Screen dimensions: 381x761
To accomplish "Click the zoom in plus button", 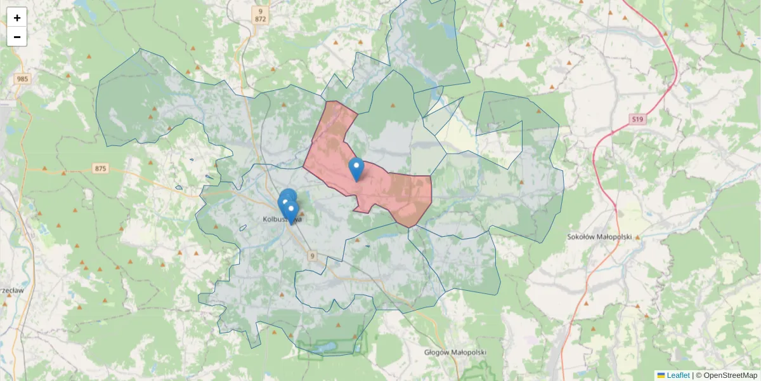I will [17, 18].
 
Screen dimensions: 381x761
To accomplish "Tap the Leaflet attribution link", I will [677, 375].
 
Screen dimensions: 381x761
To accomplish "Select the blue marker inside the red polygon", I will [356, 168].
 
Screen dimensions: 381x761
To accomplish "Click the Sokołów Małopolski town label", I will [600, 237].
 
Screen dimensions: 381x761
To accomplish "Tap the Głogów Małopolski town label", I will [455, 352].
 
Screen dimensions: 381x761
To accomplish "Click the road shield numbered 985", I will [23, 79].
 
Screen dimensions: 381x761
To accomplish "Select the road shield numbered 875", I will [100, 168].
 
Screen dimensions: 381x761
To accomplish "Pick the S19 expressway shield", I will [637, 119].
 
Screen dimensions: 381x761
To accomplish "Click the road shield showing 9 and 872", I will [260, 15].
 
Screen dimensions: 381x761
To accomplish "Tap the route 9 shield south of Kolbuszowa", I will [312, 255].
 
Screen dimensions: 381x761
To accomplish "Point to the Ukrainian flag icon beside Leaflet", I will [661, 375].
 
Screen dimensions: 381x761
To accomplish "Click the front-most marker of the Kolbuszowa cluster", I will [292, 212].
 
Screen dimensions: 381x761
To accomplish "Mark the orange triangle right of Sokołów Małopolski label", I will [638, 237].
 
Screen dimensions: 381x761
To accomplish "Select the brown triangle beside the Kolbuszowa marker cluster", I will [302, 213].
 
